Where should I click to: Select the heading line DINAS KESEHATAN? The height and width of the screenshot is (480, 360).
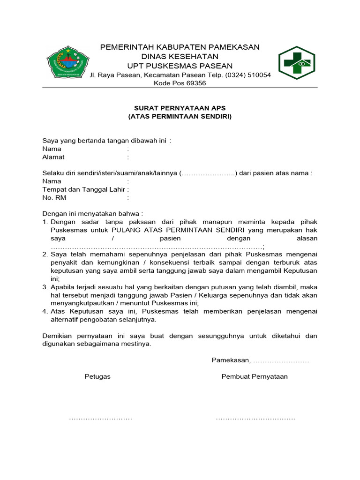pyautogui.click(x=180, y=56)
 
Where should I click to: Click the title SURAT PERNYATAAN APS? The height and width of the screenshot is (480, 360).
pyautogui.click(x=180, y=108)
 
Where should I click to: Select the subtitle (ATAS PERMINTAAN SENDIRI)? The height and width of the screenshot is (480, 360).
pyautogui.click(x=180, y=116)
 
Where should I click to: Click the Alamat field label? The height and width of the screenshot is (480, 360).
pyautogui.click(x=53, y=157)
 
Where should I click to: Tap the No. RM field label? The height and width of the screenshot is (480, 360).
pyautogui.click(x=54, y=197)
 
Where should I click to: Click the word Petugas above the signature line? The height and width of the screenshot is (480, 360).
pyautogui.click(x=97, y=376)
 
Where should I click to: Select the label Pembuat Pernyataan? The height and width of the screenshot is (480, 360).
pyautogui.click(x=255, y=376)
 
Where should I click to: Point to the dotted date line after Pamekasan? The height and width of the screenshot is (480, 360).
pyautogui.click(x=281, y=361)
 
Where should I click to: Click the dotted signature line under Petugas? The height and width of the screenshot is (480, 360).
pyautogui.click(x=100, y=418)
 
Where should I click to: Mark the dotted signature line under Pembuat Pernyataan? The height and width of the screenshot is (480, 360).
pyautogui.click(x=255, y=418)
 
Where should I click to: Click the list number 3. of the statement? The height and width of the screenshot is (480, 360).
pyautogui.click(x=45, y=287)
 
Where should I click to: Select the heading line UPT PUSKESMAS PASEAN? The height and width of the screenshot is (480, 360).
pyautogui.click(x=180, y=66)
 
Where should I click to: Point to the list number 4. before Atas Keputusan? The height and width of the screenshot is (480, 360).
pyautogui.click(x=45, y=311)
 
